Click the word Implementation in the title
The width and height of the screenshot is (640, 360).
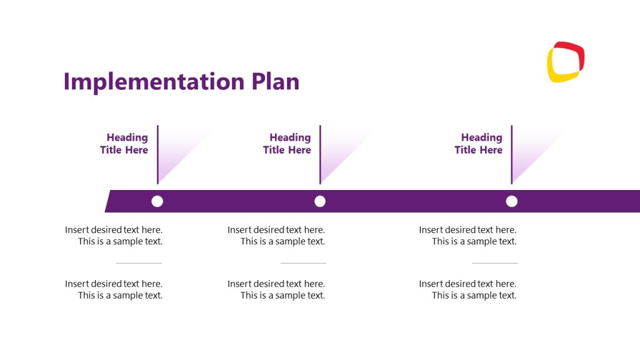click(154, 82)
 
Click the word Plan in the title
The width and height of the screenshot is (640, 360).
click(275, 82)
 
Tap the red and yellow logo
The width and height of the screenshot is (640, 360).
click(566, 62)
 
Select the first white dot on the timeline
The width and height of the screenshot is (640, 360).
click(157, 201)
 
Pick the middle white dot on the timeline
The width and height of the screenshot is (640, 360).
click(320, 201)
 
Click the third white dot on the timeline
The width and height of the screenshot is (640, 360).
click(512, 201)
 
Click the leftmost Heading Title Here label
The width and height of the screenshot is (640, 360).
click(124, 144)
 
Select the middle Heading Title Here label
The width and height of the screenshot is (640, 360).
click(287, 144)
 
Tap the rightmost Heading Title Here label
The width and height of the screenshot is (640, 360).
click(479, 144)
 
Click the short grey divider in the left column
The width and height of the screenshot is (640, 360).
click(139, 263)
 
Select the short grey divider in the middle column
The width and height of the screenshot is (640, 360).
click(303, 263)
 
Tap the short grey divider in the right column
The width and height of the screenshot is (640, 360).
click(494, 263)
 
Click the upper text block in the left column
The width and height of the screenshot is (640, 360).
click(114, 236)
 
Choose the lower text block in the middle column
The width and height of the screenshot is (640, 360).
click(277, 289)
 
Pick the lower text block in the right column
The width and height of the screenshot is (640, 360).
click(468, 289)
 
